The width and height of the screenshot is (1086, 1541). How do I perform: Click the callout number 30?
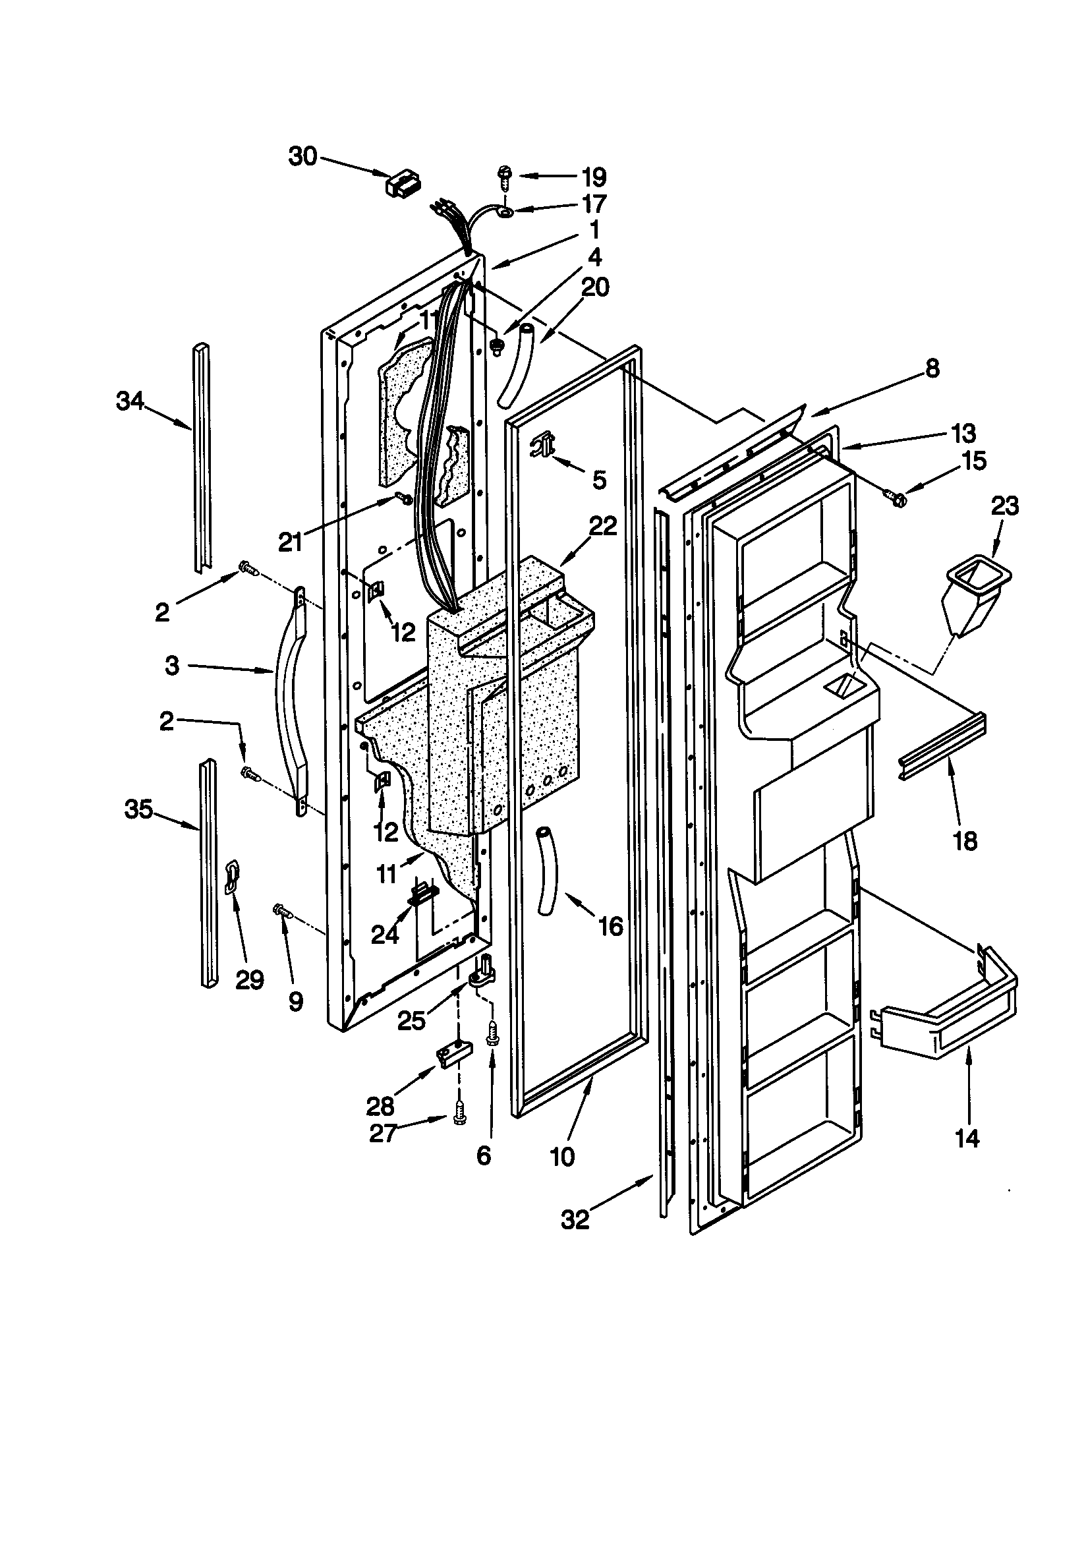click(302, 157)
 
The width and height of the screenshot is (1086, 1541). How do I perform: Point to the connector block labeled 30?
click(403, 183)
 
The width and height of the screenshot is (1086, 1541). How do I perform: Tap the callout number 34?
click(130, 401)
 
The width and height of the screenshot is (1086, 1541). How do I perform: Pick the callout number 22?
click(603, 526)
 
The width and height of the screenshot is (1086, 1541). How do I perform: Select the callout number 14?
click(967, 1138)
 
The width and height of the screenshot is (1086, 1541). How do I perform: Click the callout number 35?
click(139, 809)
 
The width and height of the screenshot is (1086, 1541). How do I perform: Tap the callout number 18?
click(965, 841)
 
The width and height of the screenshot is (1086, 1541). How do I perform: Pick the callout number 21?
click(291, 542)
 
